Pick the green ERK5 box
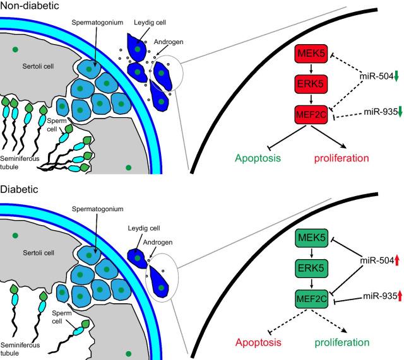314,269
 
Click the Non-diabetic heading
27,6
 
